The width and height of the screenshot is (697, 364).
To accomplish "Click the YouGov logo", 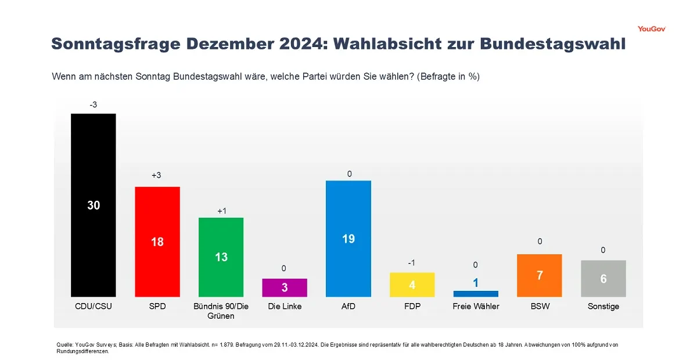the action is pos(652,29).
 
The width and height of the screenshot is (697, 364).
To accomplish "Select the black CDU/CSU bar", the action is pos(94,206).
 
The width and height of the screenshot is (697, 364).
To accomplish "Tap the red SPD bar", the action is pos(157,242).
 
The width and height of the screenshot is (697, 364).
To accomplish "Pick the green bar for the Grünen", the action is pos(221,257).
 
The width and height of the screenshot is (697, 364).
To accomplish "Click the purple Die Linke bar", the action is pos(285,288).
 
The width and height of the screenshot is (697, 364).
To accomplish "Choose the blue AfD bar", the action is pos(348,239).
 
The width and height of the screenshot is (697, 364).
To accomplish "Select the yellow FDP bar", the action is pos(412,285).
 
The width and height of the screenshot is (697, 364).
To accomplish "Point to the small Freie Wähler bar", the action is pos(476,294).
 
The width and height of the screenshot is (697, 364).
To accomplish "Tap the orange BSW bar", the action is pos(540,276).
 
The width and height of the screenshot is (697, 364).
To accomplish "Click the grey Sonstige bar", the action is pos(603,279).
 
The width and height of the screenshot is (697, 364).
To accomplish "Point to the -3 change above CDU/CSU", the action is pos(94,105).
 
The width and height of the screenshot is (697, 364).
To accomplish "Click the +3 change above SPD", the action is pos(156,175).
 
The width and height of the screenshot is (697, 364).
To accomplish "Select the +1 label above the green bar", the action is pos(222,211).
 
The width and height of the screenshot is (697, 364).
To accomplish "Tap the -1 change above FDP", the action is pos(412,263).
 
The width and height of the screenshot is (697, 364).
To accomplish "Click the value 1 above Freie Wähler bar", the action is pos(476,283).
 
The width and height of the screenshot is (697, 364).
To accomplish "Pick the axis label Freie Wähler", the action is pos(476,307).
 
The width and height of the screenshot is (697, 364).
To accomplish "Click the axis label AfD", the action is pos(348,307).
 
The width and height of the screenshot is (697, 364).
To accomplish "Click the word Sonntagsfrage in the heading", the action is pos(116,44).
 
